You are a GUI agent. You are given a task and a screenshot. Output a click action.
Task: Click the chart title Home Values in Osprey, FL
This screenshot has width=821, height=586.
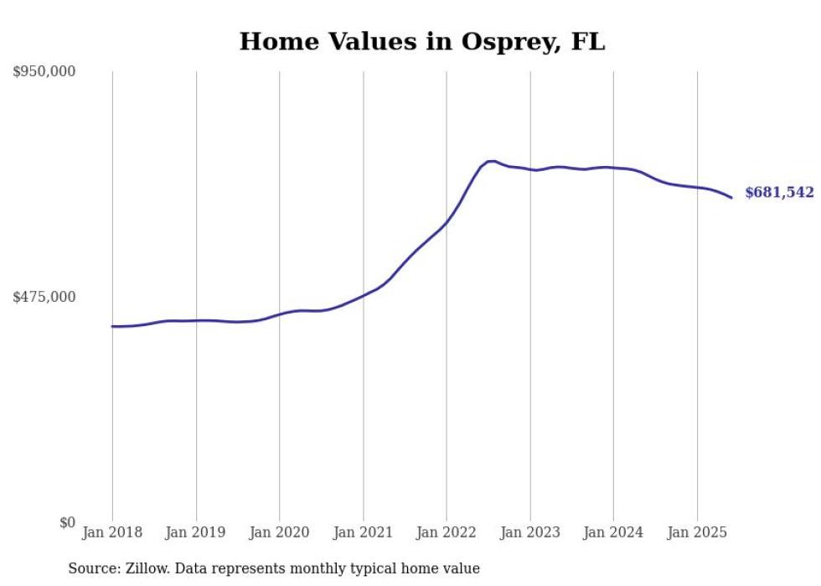tap(421, 41)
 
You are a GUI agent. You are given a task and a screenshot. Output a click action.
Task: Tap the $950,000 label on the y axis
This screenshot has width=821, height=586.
tap(44, 72)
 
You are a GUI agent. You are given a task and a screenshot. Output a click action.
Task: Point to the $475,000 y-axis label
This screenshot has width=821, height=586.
tap(44, 297)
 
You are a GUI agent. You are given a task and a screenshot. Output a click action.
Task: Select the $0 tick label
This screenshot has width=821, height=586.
tap(68, 522)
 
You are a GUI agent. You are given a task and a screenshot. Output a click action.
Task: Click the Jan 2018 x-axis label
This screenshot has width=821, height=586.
tap(112, 532)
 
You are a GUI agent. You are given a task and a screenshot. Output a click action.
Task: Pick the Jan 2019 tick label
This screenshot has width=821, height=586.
tap(196, 532)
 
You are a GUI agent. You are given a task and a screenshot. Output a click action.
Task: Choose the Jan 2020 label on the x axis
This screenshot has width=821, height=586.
tap(279, 532)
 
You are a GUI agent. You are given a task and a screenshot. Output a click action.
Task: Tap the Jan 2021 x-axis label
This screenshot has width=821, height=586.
tap(363, 532)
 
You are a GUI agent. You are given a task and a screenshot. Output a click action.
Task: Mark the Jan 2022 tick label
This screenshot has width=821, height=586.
tap(447, 532)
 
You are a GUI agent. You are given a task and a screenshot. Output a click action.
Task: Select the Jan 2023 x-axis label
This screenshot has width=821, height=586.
tap(529, 532)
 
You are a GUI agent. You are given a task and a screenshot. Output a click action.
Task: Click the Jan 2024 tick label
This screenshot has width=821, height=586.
tap(613, 532)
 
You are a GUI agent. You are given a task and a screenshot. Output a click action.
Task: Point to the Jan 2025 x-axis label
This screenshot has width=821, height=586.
tap(696, 532)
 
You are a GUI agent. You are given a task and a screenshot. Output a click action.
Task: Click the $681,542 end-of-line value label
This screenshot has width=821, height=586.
tap(778, 193)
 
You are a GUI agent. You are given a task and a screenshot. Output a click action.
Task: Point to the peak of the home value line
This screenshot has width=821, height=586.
tap(491, 161)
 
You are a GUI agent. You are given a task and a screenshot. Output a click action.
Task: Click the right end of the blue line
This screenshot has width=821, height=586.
tap(731, 198)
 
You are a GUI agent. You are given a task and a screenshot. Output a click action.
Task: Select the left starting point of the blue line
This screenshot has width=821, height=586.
tap(112, 326)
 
